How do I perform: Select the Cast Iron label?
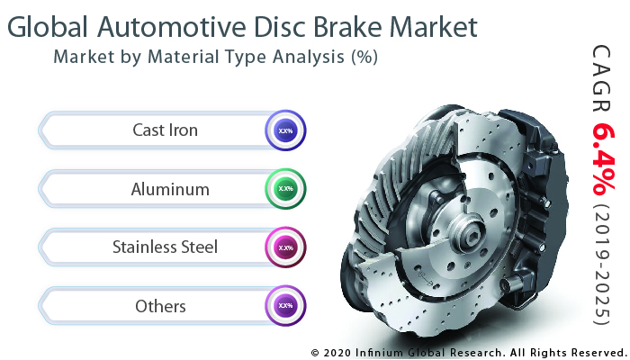165,130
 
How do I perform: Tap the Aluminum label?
170,189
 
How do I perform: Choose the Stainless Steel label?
165,247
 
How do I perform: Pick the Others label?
160,306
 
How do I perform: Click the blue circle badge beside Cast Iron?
285,131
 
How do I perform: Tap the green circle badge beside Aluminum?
285,189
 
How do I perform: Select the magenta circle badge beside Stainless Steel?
285,247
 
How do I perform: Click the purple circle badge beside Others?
285,306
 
